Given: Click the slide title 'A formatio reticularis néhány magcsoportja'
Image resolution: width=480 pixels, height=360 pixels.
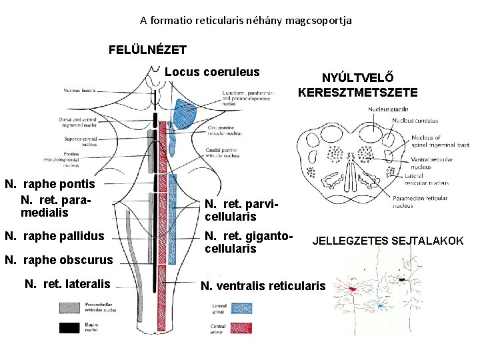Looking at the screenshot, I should (245, 21).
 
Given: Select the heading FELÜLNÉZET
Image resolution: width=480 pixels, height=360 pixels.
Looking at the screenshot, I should (147, 49).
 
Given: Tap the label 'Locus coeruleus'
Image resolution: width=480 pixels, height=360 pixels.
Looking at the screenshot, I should (212, 72).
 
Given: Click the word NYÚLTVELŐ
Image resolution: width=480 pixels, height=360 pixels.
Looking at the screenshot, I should (357, 79).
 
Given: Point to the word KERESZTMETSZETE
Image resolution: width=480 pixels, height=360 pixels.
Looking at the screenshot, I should (358, 93).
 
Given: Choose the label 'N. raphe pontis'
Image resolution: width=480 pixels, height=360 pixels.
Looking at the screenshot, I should (50, 184).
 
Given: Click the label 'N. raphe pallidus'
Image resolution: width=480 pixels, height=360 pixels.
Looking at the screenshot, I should (55, 236).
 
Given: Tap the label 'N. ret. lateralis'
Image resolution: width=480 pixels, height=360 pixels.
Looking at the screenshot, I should (67, 284).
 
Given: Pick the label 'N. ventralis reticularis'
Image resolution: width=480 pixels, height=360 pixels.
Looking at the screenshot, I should (263, 286).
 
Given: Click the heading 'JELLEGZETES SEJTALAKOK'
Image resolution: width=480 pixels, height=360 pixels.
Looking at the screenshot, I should (388, 241).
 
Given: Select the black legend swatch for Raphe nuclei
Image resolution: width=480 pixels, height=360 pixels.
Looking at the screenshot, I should (70, 327).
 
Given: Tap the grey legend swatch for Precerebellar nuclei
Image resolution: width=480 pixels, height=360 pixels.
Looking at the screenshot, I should (70, 307).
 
